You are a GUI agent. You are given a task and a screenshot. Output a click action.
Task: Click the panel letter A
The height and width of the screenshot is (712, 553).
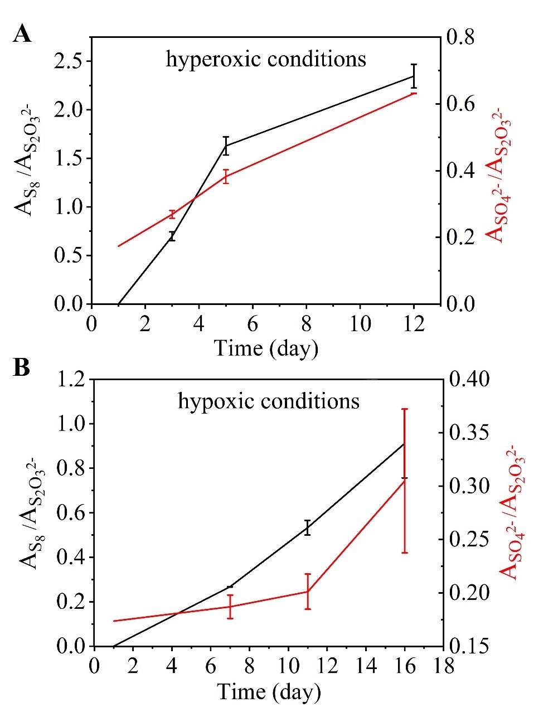pyautogui.click(x=22, y=34)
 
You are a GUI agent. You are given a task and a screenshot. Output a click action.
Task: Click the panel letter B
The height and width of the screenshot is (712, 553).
pyautogui.click(x=22, y=369)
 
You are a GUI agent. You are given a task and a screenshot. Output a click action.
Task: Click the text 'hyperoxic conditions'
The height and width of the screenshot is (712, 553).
pyautogui.click(x=266, y=59)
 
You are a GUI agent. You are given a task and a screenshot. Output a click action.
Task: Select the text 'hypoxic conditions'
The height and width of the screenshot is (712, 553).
pyautogui.click(x=269, y=401)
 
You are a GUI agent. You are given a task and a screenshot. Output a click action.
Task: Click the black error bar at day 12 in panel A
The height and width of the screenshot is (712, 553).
pyautogui.click(x=414, y=76)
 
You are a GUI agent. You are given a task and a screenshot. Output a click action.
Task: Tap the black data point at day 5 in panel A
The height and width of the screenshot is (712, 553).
pyautogui.click(x=226, y=146)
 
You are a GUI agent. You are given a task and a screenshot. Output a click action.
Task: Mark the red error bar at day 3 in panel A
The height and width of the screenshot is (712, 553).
pyautogui.click(x=172, y=215)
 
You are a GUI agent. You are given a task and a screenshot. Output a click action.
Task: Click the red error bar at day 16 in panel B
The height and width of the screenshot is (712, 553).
pyautogui.click(x=405, y=481)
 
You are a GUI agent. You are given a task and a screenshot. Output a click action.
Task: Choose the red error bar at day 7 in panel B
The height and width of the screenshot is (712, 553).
pyautogui.click(x=230, y=607)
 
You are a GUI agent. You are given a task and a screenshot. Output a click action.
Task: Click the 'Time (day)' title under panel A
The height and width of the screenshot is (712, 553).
pyautogui.click(x=266, y=348)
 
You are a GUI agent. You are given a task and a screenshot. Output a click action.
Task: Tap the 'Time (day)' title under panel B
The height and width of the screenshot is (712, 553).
pyautogui.click(x=269, y=692)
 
